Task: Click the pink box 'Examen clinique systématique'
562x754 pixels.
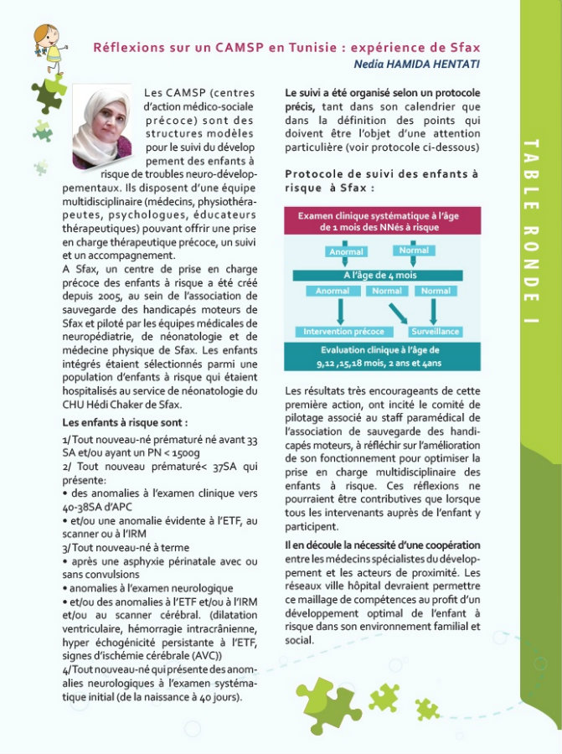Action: (382, 220)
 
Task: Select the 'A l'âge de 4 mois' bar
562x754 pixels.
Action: (381, 274)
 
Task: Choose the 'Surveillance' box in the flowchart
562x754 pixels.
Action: (436, 332)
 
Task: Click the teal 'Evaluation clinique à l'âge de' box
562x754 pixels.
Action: (382, 356)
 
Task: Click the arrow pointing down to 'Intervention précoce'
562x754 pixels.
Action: (339, 311)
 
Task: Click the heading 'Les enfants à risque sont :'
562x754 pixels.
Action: (125, 422)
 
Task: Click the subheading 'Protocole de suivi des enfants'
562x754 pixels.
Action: (381, 174)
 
